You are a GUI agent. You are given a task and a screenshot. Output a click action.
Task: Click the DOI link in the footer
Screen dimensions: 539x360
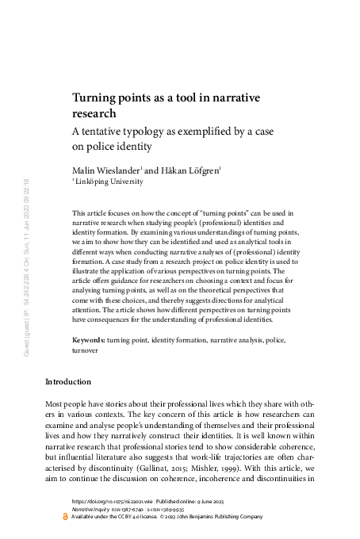coord(106,502)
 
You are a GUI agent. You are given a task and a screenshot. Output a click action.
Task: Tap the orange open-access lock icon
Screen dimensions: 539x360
coord(66,518)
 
